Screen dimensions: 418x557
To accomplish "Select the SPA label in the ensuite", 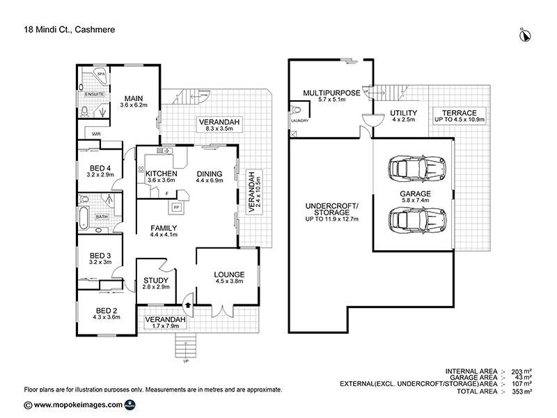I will pyautogui.click(x=100, y=72).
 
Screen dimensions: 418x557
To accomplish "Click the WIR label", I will pyautogui.click(x=96, y=134).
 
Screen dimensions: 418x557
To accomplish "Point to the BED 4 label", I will pyautogui.click(x=100, y=168).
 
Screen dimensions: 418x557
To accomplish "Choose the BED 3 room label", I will pyautogui.click(x=100, y=254).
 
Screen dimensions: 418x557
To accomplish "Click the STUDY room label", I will pyautogui.click(x=156, y=281).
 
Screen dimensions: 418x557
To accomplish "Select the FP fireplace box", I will pyautogui.click(x=176, y=207).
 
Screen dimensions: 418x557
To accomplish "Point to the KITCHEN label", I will pyautogui.click(x=161, y=173).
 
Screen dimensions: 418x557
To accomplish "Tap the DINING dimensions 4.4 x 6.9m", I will pyautogui.click(x=210, y=181).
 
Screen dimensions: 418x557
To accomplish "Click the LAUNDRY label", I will pyautogui.click(x=299, y=121).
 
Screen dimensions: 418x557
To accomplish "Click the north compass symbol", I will pyautogui.click(x=523, y=33).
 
